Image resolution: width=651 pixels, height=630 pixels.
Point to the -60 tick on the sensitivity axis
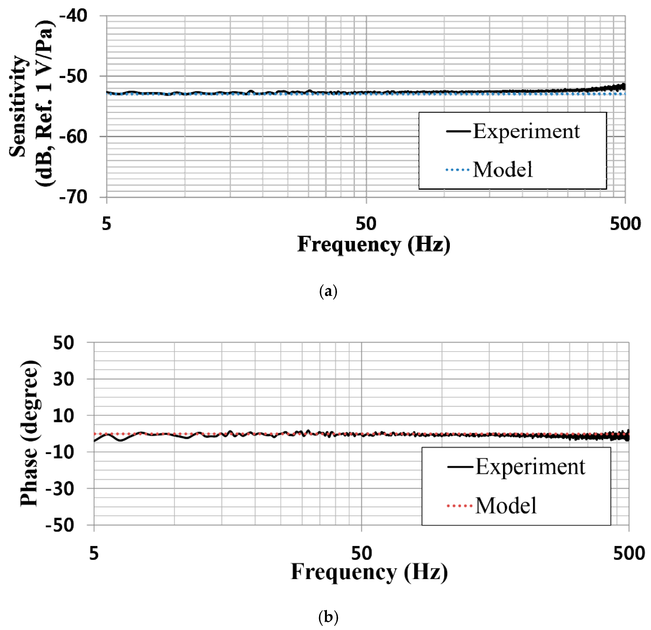[x=73, y=136]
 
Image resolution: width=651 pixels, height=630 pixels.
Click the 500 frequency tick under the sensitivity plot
[x=625, y=224]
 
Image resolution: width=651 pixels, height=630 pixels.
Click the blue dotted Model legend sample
[x=457, y=170]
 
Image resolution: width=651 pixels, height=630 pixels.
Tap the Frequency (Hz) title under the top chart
[x=374, y=245]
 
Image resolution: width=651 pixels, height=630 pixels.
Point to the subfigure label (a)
[x=328, y=291]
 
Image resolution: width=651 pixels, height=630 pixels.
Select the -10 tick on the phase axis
[x=60, y=452]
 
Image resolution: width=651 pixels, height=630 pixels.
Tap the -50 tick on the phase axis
[x=60, y=525]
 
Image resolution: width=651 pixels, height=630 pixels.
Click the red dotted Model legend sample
[x=460, y=506]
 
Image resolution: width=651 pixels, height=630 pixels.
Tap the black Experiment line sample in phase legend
[x=460, y=467]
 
